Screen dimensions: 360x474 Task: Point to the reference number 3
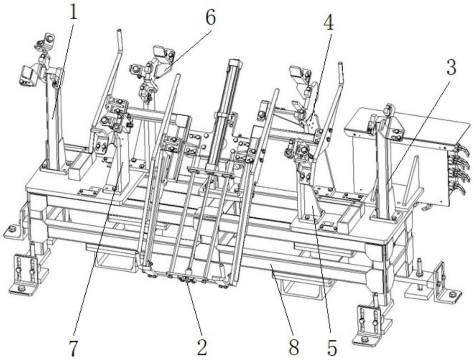451,67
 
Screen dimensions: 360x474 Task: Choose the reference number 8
294,348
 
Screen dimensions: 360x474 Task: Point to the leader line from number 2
195,313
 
